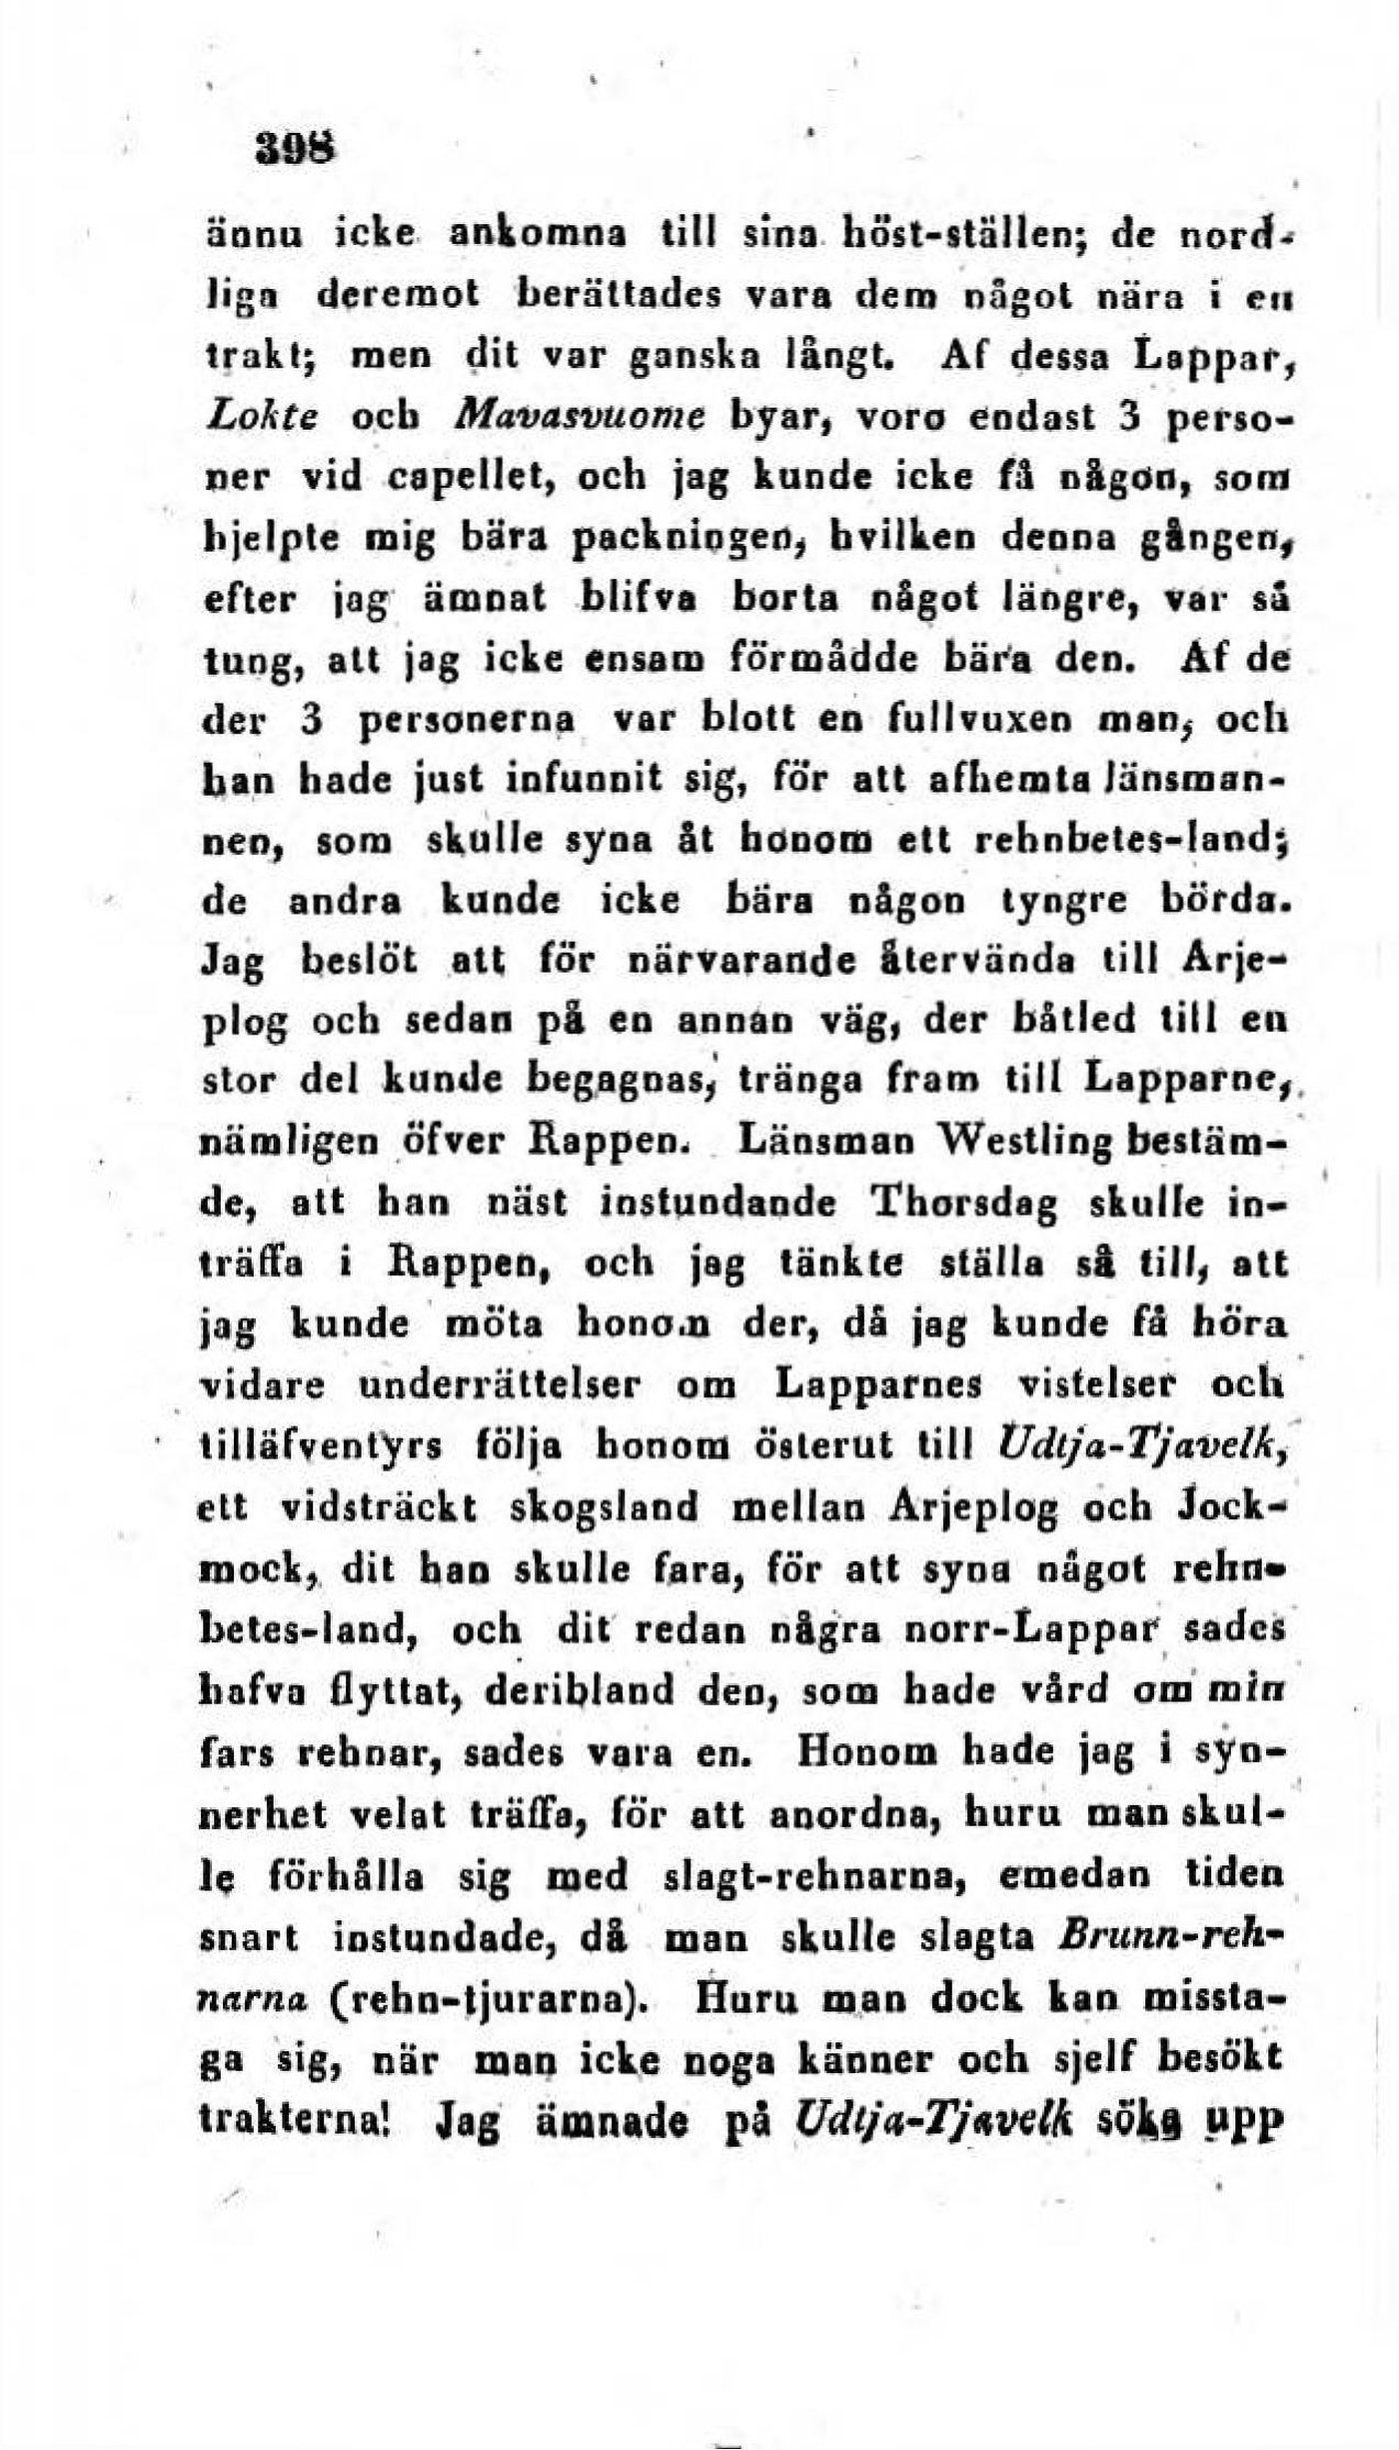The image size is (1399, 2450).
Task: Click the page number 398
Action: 297,149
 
